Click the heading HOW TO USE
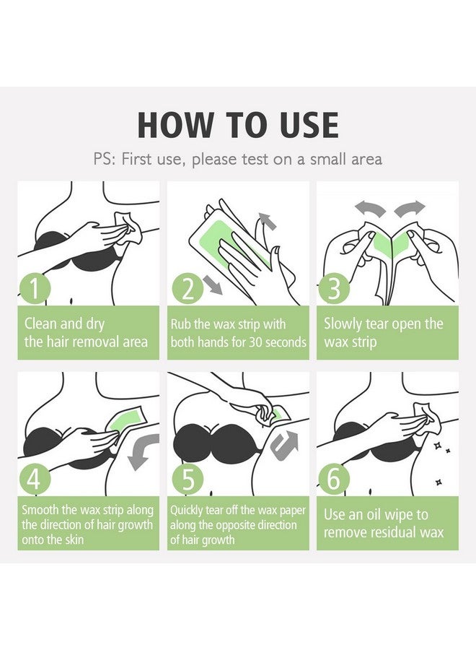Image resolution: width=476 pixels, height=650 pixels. coord(238,125)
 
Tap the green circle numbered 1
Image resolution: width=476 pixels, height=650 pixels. coord(35,289)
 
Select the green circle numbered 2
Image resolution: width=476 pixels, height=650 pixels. coord(188,289)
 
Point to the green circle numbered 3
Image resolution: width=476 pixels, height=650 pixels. coord(334,289)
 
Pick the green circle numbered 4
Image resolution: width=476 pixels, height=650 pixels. coord(35,480)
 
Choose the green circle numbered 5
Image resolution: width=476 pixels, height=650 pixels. coord(188,480)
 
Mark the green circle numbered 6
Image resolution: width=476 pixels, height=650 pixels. coord(334,480)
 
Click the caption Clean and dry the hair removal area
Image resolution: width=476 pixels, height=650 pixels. coord(86,333)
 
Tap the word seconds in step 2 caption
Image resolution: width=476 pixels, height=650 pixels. coord(286,342)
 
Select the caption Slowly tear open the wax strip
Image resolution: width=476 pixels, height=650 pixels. coord(383,333)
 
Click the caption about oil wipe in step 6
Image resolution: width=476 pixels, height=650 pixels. coord(383,523)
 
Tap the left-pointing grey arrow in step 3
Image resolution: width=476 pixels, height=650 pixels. coord(370,207)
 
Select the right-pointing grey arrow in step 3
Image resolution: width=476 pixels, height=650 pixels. coord(410,208)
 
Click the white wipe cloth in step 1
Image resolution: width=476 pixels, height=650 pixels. coord(128,229)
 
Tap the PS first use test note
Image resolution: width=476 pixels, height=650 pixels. coord(237,160)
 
